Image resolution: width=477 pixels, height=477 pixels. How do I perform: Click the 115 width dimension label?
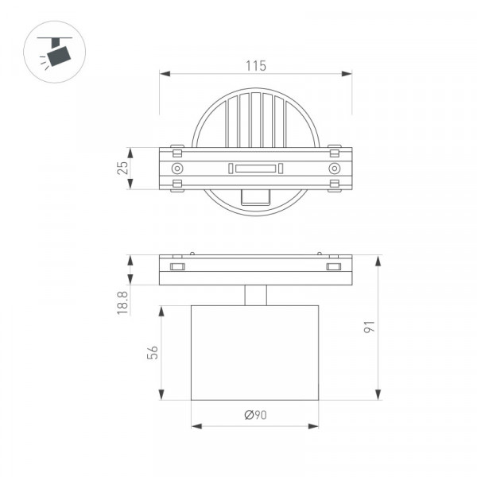(x=255, y=66)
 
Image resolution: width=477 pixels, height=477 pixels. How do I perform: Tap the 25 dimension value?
(x=122, y=168)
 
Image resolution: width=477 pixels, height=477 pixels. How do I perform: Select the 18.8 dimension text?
(x=122, y=303)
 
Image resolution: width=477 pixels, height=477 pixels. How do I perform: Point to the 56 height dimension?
(x=153, y=352)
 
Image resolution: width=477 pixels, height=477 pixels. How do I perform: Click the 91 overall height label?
(x=370, y=327)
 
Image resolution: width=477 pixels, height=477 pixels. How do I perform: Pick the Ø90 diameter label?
(x=255, y=415)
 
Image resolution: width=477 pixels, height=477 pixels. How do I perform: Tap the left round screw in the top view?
(x=177, y=169)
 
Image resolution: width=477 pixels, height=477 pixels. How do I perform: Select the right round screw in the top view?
(x=335, y=169)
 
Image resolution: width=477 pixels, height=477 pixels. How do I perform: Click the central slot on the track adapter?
(x=255, y=169)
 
